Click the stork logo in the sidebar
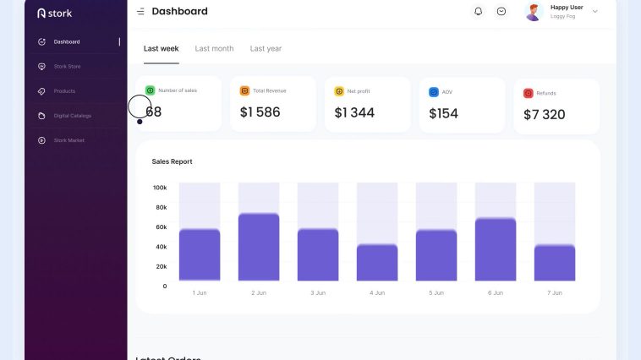click(55, 14)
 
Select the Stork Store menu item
click(67, 66)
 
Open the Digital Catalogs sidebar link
click(72, 116)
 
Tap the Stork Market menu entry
click(68, 140)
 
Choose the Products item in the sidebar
click(64, 91)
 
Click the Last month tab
click(214, 49)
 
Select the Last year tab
click(266, 49)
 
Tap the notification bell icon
click(479, 12)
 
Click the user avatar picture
click(533, 12)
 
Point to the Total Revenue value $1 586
click(260, 112)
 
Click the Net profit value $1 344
click(354, 112)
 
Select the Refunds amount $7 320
click(544, 114)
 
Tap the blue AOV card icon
click(434, 91)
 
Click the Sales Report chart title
click(172, 161)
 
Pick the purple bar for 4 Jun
click(377, 263)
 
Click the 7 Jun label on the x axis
click(555, 292)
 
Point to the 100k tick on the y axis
click(160, 188)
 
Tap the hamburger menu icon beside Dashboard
click(140, 12)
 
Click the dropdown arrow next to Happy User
click(594, 12)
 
